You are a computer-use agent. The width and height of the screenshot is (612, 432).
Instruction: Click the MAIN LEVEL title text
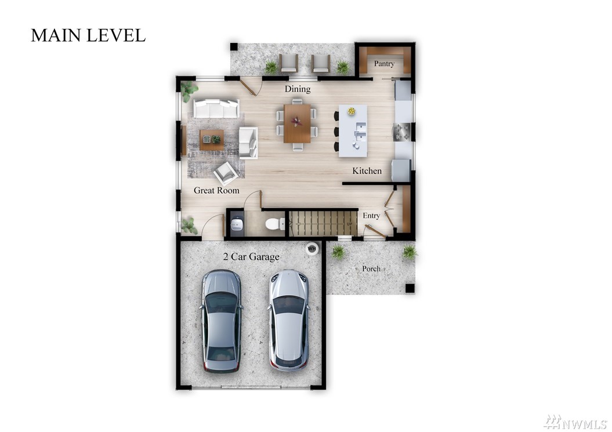(x=88, y=35)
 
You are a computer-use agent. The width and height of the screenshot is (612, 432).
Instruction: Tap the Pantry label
(x=384, y=64)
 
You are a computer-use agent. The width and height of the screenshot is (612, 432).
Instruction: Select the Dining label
(x=298, y=89)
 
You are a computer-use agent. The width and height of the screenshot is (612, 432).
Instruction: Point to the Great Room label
(x=216, y=190)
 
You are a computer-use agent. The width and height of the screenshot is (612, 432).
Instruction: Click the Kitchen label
(x=367, y=170)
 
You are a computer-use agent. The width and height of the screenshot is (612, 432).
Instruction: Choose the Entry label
(x=371, y=215)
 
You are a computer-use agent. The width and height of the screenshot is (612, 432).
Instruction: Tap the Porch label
(x=371, y=268)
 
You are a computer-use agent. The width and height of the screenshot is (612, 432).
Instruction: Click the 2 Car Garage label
(x=251, y=256)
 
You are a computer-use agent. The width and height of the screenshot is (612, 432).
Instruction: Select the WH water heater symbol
(x=312, y=249)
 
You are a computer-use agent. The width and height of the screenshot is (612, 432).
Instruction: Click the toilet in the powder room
(x=275, y=224)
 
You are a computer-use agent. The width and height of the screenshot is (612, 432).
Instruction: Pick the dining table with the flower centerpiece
(x=297, y=124)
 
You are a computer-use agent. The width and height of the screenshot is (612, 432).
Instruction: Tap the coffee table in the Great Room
(x=212, y=140)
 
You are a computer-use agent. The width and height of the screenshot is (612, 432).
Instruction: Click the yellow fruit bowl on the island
(x=352, y=111)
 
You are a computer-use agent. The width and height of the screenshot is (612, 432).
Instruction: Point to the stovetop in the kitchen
(x=402, y=132)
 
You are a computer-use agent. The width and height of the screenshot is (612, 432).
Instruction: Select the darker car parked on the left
(x=220, y=321)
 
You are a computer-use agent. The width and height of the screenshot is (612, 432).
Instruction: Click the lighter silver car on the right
(x=289, y=320)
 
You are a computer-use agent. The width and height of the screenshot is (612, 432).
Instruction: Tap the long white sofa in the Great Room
(x=216, y=108)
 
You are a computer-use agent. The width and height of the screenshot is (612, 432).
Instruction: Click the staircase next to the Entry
(x=323, y=223)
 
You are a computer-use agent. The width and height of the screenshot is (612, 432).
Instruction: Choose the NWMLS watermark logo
(x=575, y=422)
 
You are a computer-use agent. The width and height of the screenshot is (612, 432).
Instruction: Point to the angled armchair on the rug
(x=226, y=173)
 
